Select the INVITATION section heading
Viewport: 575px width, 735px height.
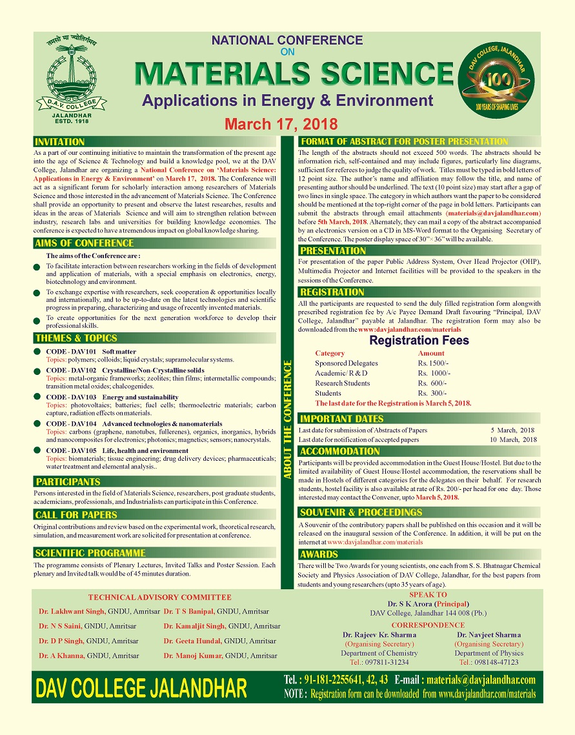(x=60, y=141)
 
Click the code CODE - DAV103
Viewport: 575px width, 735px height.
(x=71, y=397)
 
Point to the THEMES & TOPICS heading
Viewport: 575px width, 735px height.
(x=76, y=337)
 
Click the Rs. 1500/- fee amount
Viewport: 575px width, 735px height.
(x=434, y=363)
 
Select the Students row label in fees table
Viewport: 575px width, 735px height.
(x=328, y=393)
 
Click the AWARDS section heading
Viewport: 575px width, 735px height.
(x=319, y=554)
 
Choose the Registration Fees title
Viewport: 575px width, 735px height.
(x=419, y=340)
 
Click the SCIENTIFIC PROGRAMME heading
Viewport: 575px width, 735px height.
(x=90, y=552)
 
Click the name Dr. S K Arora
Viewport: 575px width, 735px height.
(x=399, y=604)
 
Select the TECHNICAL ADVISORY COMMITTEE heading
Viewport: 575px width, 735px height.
(x=159, y=598)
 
